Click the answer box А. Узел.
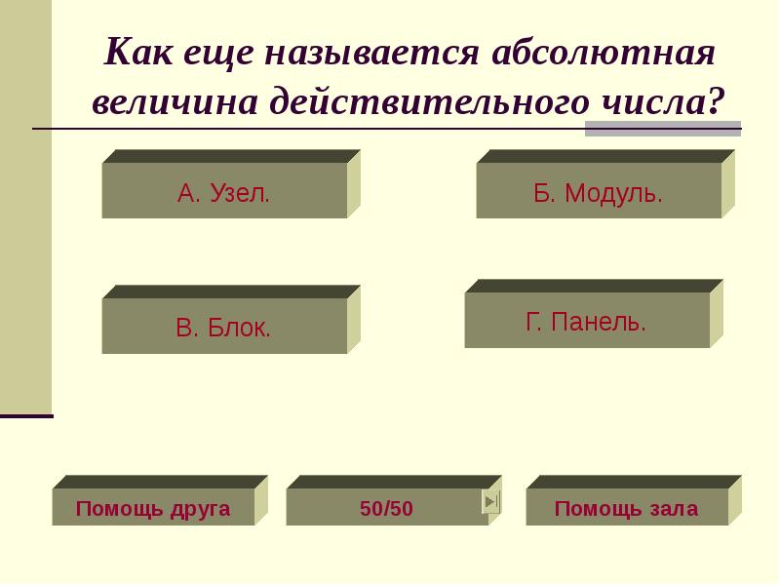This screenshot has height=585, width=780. [x=224, y=191]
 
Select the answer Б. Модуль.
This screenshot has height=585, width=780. [x=598, y=191]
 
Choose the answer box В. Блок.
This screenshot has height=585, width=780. [x=224, y=327]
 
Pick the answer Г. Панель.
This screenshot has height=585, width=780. [x=586, y=321]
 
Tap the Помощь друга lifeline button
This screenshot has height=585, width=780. [x=153, y=508]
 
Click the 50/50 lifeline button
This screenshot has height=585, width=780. [x=386, y=508]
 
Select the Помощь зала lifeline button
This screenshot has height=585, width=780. [x=626, y=508]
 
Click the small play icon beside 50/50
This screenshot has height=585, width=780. [x=491, y=502]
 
